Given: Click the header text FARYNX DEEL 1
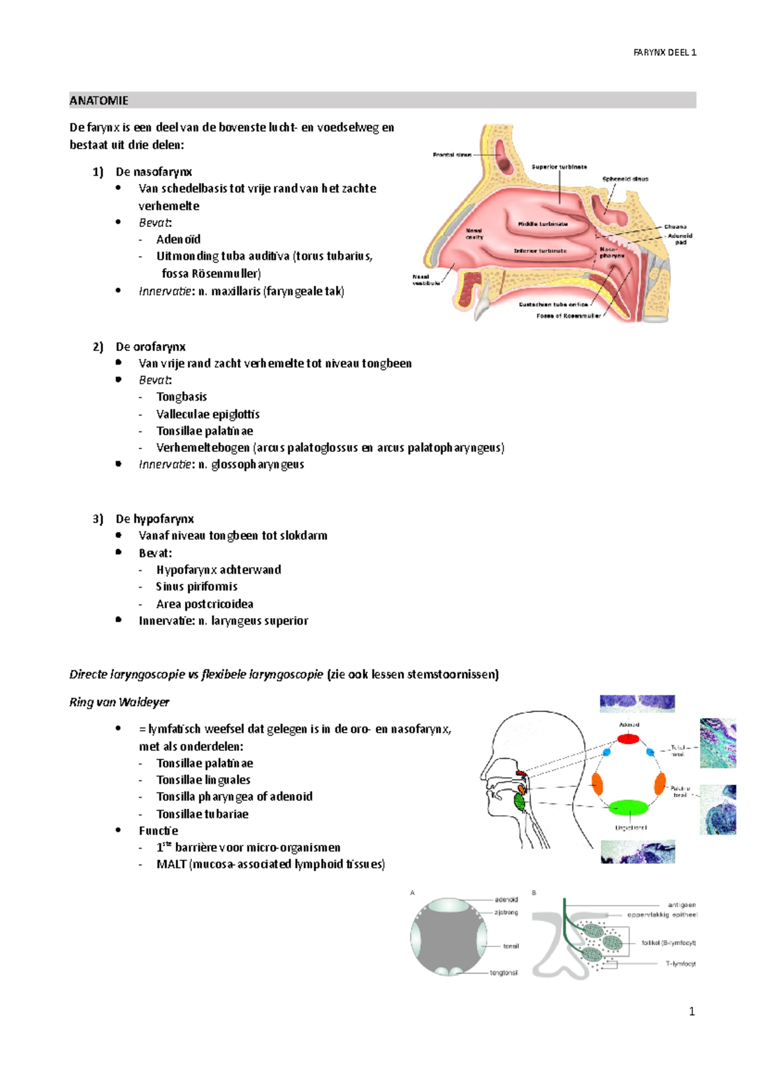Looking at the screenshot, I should click(664, 52).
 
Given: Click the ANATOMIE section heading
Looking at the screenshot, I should click(99, 101).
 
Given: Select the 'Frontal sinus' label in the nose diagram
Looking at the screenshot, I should click(453, 155).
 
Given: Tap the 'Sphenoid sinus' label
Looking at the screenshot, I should click(625, 179).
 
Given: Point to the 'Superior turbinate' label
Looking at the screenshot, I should click(559, 167).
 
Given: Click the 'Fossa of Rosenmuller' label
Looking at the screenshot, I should click(568, 315).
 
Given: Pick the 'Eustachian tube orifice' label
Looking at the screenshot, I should click(553, 305).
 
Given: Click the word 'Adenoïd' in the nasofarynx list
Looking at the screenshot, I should click(178, 240).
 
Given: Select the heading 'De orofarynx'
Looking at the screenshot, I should click(150, 347).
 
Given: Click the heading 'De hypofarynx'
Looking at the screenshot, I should click(154, 519).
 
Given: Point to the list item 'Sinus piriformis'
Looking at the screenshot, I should click(196, 587).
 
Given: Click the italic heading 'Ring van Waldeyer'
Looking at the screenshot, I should click(119, 702).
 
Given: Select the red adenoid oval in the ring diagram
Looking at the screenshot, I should click(628, 739).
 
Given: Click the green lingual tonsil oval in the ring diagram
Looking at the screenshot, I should click(629, 808).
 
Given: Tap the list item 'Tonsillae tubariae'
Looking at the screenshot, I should click(202, 814).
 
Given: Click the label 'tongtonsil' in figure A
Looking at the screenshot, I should click(504, 973).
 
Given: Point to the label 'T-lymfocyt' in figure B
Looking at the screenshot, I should click(680, 963).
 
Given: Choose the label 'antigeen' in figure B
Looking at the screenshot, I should click(681, 905).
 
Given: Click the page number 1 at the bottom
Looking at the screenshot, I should click(692, 1012).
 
